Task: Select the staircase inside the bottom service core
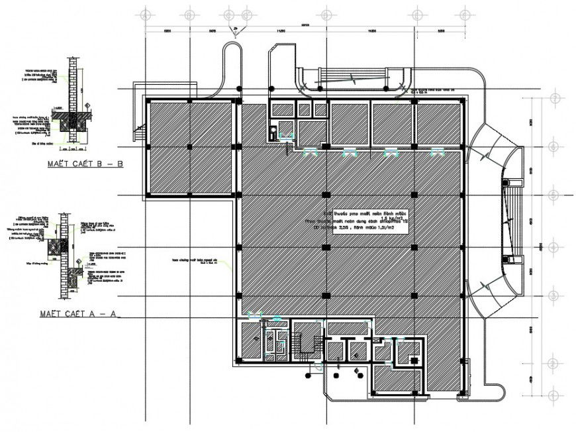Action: [x=305, y=343]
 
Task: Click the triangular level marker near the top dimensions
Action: [x=234, y=29]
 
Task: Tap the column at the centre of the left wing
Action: [x=190, y=147]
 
